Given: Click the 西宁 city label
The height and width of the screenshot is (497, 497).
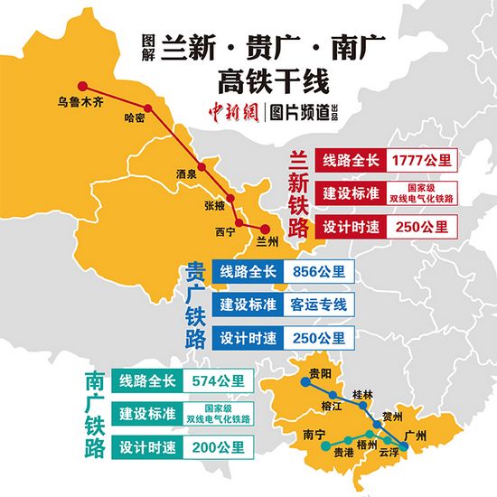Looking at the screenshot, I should (225, 232).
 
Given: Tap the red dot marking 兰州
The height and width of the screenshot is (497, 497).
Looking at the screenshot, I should (265, 229).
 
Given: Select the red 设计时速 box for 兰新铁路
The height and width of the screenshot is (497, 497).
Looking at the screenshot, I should (350, 225).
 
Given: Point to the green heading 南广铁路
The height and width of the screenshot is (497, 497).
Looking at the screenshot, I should (93, 413).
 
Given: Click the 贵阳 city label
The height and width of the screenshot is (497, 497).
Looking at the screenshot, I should (319, 372).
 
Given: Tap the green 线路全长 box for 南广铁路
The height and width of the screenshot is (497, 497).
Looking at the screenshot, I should (148, 380).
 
